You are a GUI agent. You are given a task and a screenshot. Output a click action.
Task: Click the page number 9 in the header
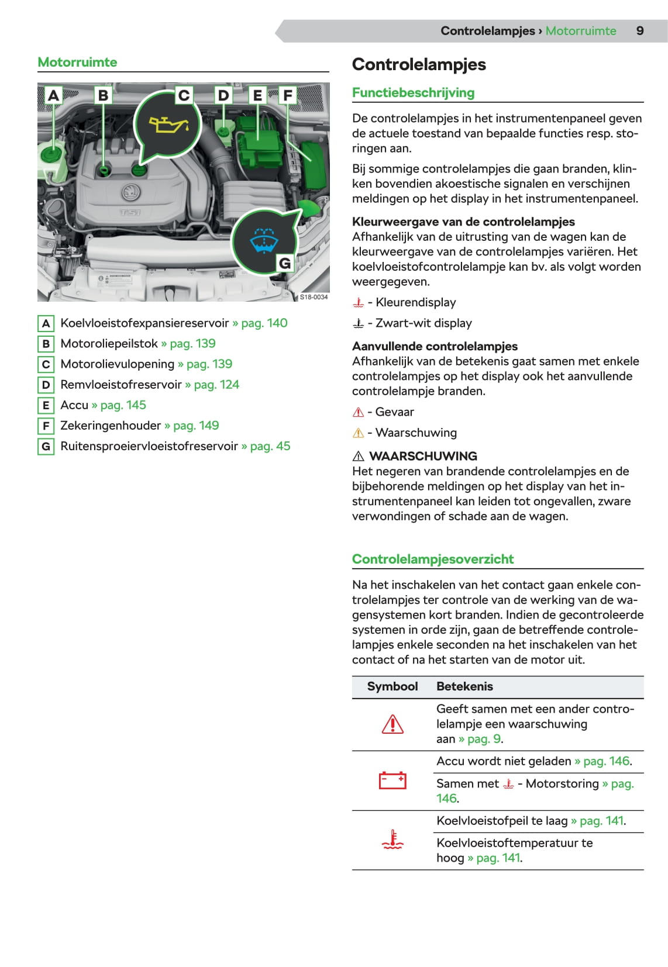coord(640,31)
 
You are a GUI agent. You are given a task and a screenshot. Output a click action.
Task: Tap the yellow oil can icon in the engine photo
coord(168,124)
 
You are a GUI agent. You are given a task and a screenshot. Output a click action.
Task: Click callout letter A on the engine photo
coord(53,95)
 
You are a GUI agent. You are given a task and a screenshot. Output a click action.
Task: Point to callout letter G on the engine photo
coord(285,263)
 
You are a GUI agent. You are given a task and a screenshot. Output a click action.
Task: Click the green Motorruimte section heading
coord(77,62)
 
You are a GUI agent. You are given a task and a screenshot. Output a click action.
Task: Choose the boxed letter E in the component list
coord(46,405)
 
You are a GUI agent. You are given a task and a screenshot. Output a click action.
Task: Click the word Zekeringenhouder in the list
coord(111,426)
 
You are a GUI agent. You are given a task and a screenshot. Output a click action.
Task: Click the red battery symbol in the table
coord(392,780)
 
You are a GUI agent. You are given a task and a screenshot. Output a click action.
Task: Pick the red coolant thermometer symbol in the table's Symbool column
coord(392,840)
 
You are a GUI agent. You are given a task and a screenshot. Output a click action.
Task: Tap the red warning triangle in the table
coord(392,724)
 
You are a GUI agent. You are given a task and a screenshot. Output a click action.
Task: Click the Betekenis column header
coord(464,686)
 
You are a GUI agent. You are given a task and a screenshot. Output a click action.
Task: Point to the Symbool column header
coord(392,686)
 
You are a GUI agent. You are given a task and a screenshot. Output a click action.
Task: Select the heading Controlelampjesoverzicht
coord(433,559)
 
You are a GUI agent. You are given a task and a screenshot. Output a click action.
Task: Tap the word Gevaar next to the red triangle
coord(394,412)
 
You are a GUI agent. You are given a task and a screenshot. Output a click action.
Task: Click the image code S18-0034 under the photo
coord(314,297)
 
